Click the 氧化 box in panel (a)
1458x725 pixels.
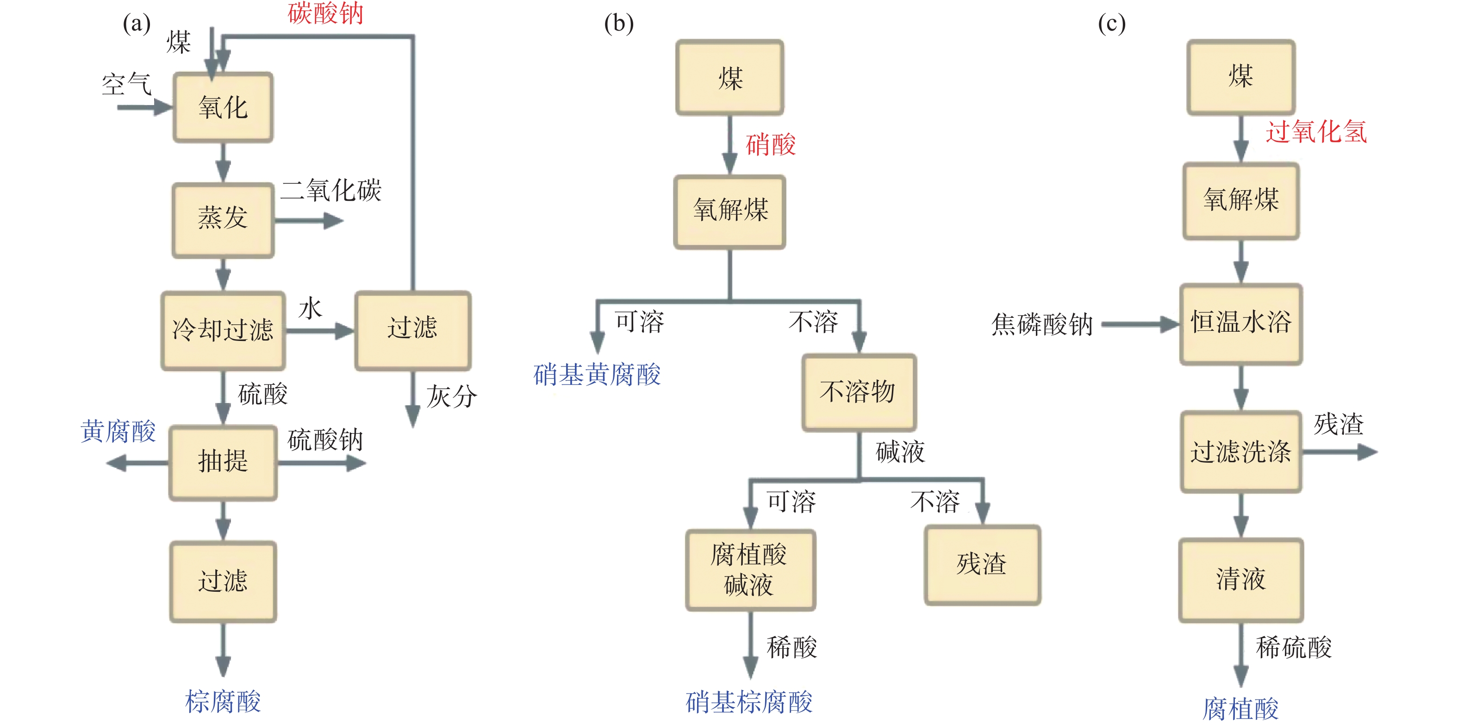click(x=223, y=107)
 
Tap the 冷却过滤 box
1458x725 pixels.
click(x=223, y=330)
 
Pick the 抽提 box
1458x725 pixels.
click(x=223, y=462)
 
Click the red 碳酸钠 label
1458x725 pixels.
click(x=325, y=13)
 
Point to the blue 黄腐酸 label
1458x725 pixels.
click(x=118, y=431)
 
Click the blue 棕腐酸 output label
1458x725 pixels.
click(x=223, y=702)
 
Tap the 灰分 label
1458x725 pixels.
click(x=451, y=396)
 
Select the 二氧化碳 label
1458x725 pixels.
click(x=331, y=190)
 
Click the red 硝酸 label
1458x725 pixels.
click(x=771, y=145)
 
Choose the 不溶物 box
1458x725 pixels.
click(x=859, y=392)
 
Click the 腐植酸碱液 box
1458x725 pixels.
click(x=750, y=570)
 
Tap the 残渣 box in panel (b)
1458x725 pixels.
click(x=982, y=565)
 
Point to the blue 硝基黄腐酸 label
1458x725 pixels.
click(x=597, y=375)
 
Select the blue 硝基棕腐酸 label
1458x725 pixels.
click(x=749, y=702)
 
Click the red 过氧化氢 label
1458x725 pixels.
click(x=1316, y=132)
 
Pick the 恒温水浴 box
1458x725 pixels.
click(x=1241, y=324)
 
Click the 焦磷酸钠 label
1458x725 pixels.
click(x=1041, y=324)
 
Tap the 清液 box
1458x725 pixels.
click(x=1241, y=580)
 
